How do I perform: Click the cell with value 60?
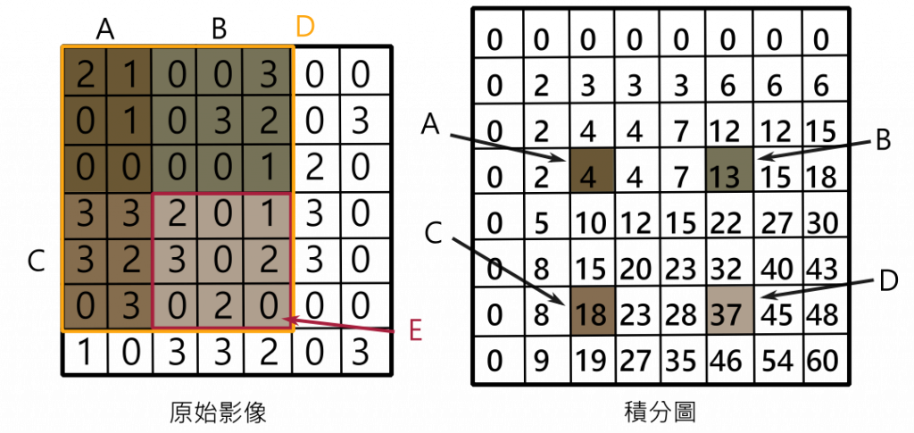tap(823, 362)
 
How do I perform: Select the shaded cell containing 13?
tap(729, 169)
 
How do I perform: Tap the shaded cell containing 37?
tap(729, 310)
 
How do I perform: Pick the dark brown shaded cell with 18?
tap(593, 312)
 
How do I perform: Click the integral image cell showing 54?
tap(777, 362)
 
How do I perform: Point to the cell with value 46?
tap(729, 362)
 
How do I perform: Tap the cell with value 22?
tap(729, 222)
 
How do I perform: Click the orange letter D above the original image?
tap(305, 28)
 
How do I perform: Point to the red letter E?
tap(414, 331)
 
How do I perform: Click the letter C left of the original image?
tap(36, 262)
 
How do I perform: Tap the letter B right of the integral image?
tap(883, 141)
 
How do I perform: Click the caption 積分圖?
tap(659, 413)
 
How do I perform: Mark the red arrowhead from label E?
tap(287, 320)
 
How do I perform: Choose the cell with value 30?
tap(823, 222)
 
